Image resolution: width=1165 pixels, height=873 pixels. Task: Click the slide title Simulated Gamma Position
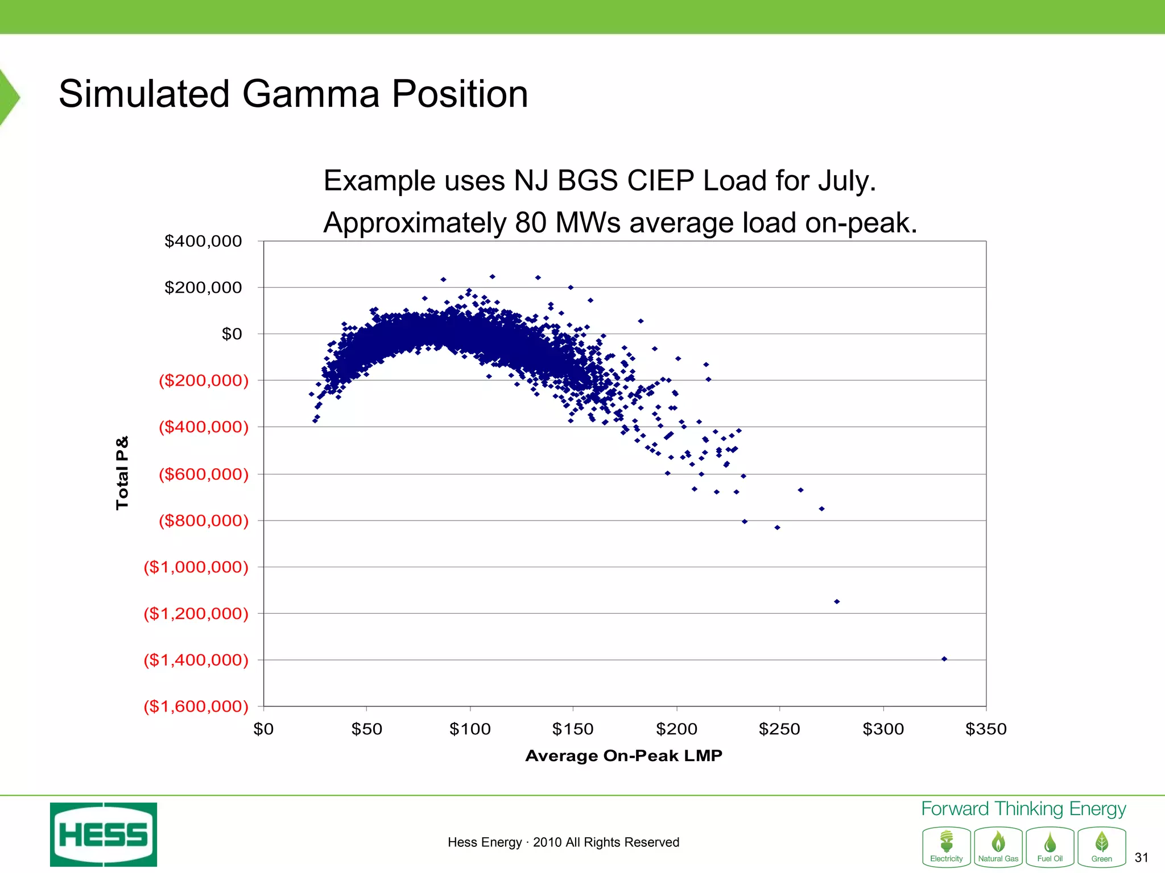coord(293,94)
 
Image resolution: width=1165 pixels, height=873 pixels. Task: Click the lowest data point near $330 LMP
coord(944,659)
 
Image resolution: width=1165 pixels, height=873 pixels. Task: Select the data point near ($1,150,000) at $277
coord(837,601)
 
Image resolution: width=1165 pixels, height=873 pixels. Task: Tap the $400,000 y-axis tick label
coord(203,241)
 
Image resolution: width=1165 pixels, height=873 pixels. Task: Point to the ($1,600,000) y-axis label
coord(196,706)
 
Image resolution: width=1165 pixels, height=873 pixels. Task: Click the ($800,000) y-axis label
coord(204,521)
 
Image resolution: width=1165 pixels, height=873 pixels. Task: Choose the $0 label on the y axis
coord(232,334)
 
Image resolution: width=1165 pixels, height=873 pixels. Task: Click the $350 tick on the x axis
coord(986,729)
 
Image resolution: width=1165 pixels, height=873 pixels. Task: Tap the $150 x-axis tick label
coord(573,729)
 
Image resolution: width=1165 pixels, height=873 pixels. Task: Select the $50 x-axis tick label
coord(367,729)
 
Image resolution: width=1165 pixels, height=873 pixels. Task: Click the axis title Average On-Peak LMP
coord(623,756)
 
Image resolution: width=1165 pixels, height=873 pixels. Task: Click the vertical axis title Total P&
coord(122,473)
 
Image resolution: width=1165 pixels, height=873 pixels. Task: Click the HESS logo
coord(104,834)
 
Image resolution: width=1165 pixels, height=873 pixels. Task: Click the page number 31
coord(1141,858)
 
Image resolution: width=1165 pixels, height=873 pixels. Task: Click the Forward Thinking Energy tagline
coord(1023,809)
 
